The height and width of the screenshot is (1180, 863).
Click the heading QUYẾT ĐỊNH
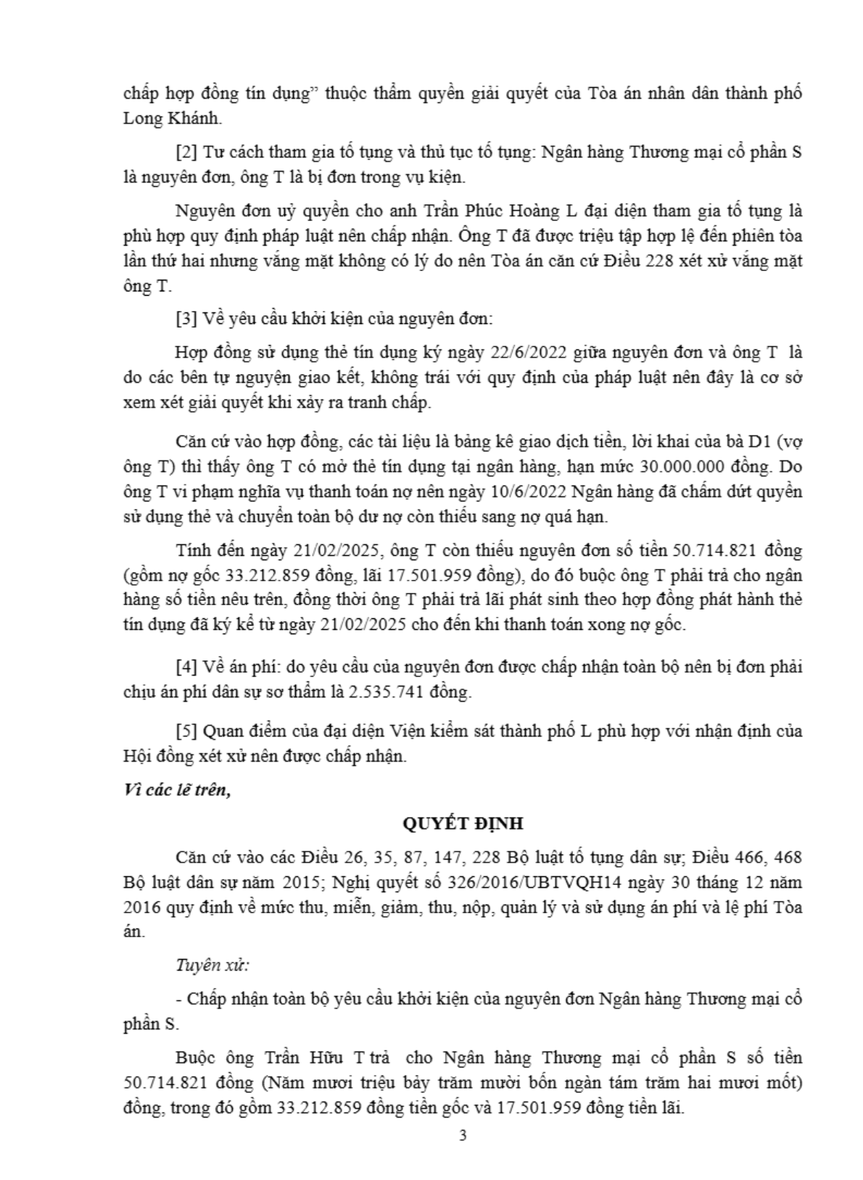point(462,824)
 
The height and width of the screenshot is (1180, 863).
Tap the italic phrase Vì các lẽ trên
point(177,790)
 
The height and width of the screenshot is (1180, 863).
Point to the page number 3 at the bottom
point(463,1135)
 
